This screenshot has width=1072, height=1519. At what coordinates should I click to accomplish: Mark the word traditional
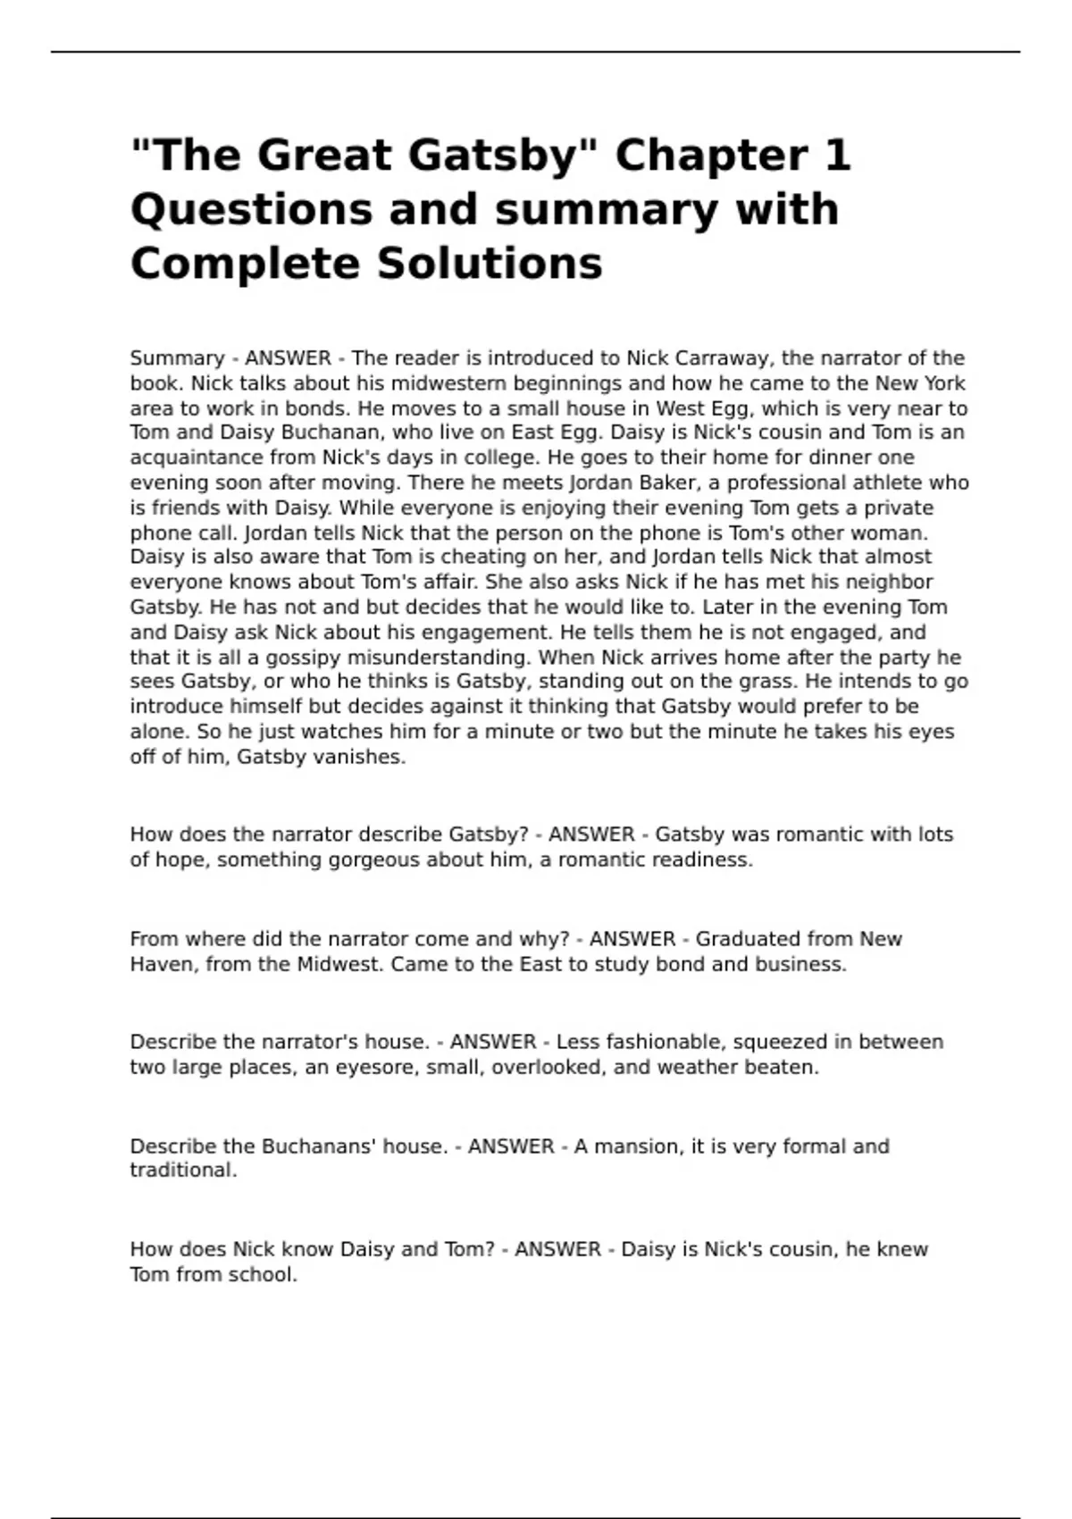[183, 1171]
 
